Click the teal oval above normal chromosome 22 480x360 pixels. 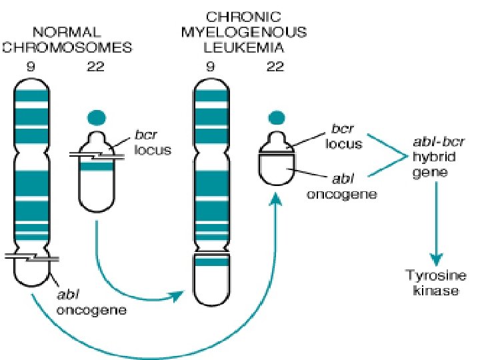96,118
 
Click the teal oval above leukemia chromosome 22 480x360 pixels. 275,118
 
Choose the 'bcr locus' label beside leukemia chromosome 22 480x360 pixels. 344,135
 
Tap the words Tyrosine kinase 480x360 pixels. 436,283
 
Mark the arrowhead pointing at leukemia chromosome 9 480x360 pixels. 178,295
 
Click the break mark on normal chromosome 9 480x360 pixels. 31,257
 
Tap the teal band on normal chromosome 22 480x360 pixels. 97,167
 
